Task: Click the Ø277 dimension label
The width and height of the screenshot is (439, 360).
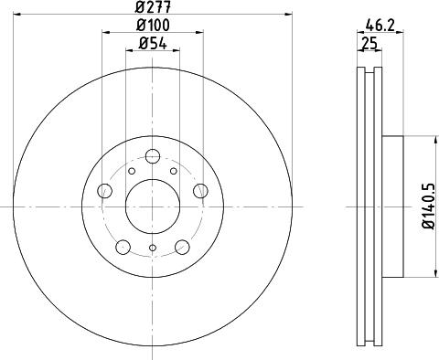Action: (154, 6)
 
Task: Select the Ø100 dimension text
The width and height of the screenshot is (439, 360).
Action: (153, 25)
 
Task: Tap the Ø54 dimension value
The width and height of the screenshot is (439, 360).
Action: (153, 44)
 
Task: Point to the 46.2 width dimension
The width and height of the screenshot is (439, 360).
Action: (380, 25)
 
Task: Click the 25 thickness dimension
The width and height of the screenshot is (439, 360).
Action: (369, 44)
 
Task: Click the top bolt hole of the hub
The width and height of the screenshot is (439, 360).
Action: (153, 156)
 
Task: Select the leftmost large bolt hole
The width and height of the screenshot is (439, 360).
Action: (104, 191)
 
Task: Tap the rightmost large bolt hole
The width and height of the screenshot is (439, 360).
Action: (200, 191)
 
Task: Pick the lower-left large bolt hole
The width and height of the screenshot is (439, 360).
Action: (123, 247)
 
